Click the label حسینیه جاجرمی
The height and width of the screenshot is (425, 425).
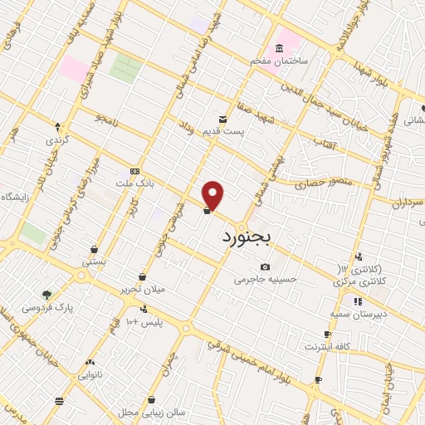point(265,280)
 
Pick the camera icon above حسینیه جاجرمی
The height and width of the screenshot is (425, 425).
point(265,267)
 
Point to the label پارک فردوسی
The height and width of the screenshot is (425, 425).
point(47,307)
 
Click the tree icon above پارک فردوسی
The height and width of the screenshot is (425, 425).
point(47,295)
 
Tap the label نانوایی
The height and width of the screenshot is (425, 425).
point(90,374)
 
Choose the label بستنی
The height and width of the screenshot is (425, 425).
point(94,261)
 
